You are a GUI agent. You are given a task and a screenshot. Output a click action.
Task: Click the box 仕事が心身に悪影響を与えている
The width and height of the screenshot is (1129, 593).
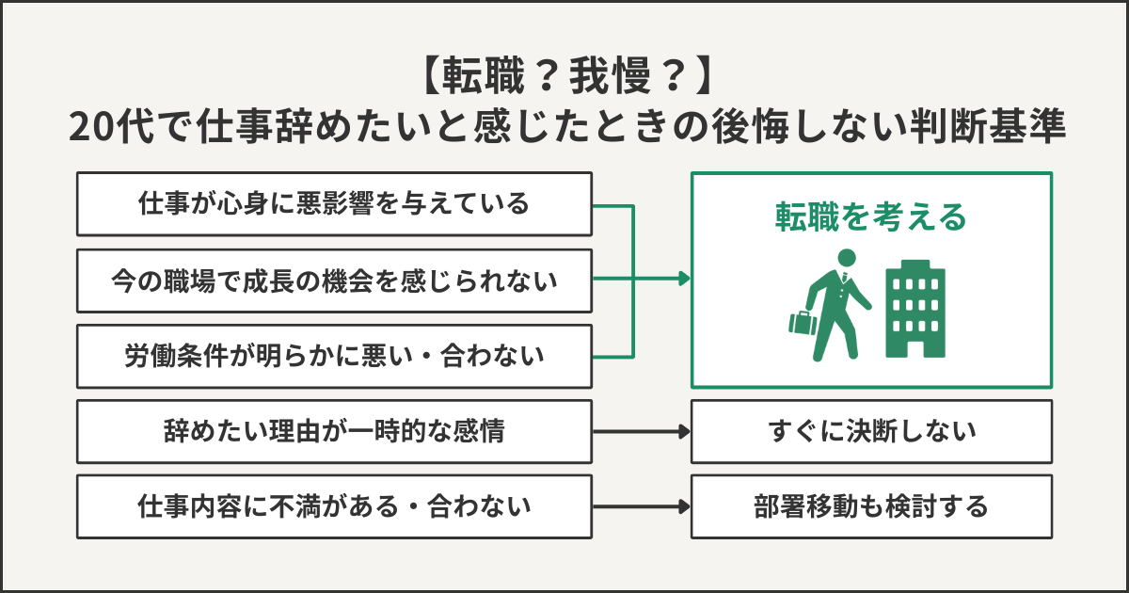click(334, 203)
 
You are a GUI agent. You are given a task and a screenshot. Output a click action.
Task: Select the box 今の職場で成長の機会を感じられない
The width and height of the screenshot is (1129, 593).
click(334, 280)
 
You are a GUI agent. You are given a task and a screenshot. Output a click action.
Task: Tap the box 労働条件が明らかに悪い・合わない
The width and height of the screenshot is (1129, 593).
click(334, 356)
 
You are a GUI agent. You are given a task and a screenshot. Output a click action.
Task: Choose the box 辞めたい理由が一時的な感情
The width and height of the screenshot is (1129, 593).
click(334, 432)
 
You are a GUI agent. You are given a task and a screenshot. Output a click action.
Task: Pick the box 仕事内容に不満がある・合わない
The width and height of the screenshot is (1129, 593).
click(334, 507)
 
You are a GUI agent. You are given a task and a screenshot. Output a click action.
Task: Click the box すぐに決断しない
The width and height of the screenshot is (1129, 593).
click(871, 432)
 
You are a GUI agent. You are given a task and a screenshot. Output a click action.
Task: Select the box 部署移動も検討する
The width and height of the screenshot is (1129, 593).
click(871, 507)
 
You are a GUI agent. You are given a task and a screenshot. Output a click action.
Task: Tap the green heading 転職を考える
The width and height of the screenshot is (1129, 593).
click(871, 217)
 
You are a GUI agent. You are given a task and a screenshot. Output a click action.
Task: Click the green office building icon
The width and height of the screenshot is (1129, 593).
click(914, 309)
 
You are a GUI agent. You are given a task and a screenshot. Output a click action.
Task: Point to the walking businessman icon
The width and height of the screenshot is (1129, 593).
click(837, 306)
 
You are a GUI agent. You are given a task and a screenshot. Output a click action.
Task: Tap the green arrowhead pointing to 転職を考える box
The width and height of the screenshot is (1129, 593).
click(683, 280)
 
